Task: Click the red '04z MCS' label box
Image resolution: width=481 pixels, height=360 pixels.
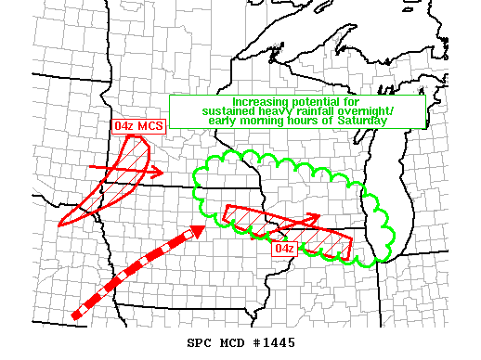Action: [138, 126]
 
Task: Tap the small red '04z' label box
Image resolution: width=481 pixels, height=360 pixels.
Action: [284, 248]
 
